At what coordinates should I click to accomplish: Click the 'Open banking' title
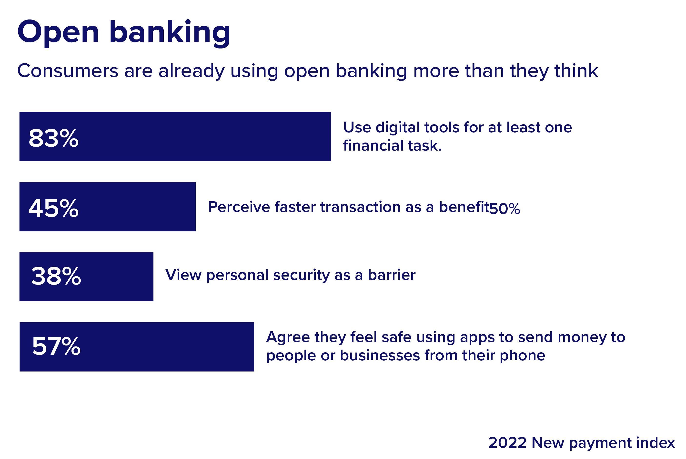124,33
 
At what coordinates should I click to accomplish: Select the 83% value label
54,138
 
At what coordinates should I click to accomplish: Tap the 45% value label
54,208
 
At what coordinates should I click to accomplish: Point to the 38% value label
56,276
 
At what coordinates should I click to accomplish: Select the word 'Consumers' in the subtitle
68,71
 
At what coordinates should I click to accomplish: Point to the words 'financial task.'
392,145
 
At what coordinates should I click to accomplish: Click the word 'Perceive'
239,207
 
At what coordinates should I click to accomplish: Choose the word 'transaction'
360,207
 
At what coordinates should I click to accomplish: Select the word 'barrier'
392,275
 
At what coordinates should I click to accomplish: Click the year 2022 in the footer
507,443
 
